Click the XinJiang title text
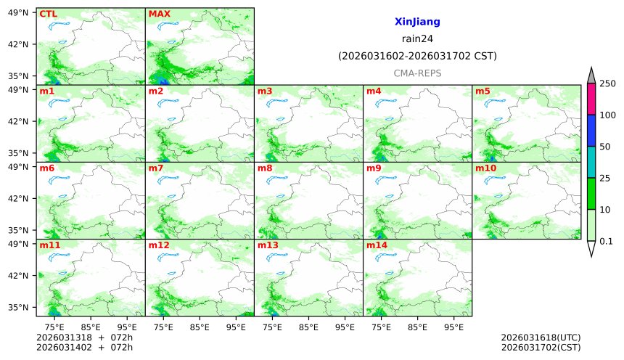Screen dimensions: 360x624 pos(417,22)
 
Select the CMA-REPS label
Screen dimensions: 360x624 pos(417,73)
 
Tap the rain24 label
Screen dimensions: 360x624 pos(417,39)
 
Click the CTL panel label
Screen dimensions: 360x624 pos(48,14)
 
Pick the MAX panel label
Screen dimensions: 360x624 pos(159,14)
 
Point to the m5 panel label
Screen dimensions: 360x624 pos(483,91)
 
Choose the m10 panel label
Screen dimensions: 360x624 pos(485,168)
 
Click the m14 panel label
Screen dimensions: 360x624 pos(377,245)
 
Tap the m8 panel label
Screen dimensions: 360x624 pos(265,168)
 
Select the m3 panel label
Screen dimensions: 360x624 pos(265,91)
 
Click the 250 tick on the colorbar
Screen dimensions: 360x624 pos(607,83)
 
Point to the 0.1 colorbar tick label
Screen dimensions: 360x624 pos(607,241)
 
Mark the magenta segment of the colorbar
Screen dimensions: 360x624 pos(591,99)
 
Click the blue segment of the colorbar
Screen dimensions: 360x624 pos(591,131)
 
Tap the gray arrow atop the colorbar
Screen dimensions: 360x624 pos(591,75)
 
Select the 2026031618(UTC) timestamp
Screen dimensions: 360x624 pos(541,337)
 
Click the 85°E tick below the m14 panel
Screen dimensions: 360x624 pos(417,327)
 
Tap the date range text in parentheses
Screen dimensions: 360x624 pos(417,56)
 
